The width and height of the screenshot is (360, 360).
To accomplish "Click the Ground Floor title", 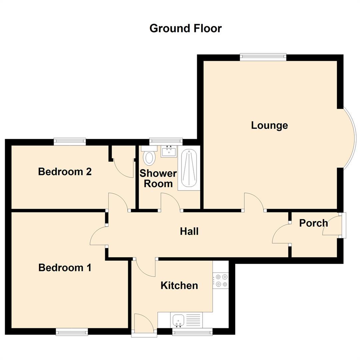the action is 186,28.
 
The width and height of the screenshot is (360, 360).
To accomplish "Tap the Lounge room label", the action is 269,125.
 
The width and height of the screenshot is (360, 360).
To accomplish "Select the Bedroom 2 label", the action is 65,172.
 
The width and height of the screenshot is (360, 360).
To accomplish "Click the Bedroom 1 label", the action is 65,268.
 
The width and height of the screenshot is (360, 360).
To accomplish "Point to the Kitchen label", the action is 179,286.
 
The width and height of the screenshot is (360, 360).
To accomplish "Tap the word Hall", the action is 189,231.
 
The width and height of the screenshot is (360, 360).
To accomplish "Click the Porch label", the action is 313,223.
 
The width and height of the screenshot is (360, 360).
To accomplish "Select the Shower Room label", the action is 158,179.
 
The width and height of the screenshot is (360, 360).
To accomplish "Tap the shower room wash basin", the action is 169,151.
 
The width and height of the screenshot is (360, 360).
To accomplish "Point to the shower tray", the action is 189,168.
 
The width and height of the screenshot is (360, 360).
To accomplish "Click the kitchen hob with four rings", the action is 221,280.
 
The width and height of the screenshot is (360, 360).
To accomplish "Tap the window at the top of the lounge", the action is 263,57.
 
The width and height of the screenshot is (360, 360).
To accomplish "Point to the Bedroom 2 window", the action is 70,142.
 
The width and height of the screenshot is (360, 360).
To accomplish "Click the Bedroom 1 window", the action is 72,332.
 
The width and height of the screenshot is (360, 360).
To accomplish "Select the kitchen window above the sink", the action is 192,332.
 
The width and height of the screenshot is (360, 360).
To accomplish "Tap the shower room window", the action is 166,142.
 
